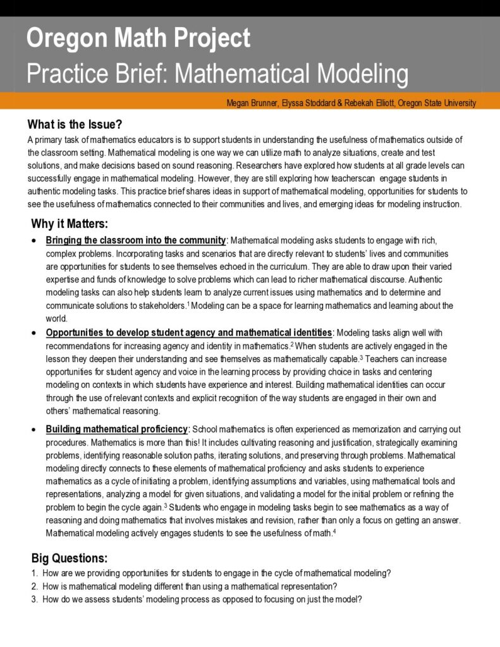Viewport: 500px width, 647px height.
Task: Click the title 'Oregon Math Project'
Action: (138, 39)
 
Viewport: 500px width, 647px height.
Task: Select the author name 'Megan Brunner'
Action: (252, 103)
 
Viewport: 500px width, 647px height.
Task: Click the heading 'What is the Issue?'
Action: (75, 124)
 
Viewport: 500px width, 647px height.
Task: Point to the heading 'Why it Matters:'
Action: (70, 224)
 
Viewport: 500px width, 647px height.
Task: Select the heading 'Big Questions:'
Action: (70, 558)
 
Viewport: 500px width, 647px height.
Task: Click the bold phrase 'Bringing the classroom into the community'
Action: (136, 240)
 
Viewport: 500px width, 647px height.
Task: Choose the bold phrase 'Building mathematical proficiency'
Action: (117, 429)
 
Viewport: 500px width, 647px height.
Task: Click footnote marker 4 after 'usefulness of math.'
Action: (334, 531)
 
